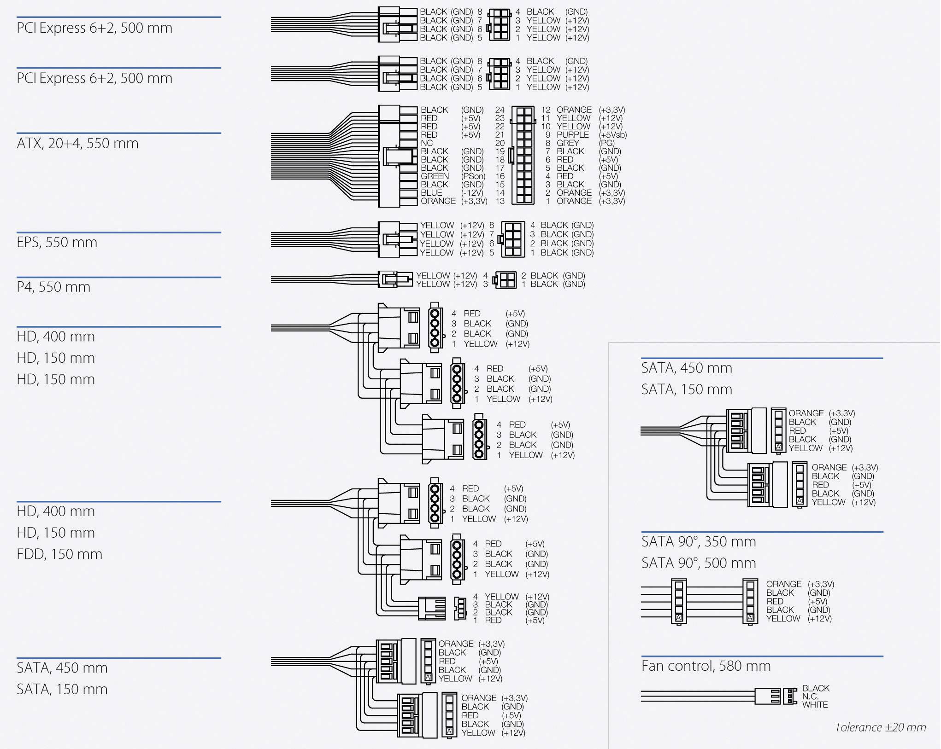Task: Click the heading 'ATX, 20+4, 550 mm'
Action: pos(77,144)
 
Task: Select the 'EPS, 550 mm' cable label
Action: pos(57,243)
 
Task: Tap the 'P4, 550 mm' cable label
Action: pos(53,287)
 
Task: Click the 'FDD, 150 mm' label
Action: pos(59,554)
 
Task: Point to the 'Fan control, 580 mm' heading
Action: pos(706,666)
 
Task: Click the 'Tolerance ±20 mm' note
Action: pos(880,727)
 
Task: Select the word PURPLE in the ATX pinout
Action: pos(572,135)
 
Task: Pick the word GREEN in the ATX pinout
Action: pos(435,176)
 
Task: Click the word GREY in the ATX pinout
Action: pos(567,143)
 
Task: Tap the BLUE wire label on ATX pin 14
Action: pos(431,193)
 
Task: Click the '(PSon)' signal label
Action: pos(473,176)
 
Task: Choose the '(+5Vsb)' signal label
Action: pos(612,135)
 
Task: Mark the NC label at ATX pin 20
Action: pos(427,143)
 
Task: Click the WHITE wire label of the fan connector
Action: pos(815,705)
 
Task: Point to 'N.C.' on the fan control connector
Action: pos(810,697)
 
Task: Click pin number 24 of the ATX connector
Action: pos(500,110)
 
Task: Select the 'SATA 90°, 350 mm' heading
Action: pos(698,542)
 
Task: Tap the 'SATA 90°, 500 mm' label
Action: pos(698,563)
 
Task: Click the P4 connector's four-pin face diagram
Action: pos(505,280)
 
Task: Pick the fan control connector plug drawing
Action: pos(774,697)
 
